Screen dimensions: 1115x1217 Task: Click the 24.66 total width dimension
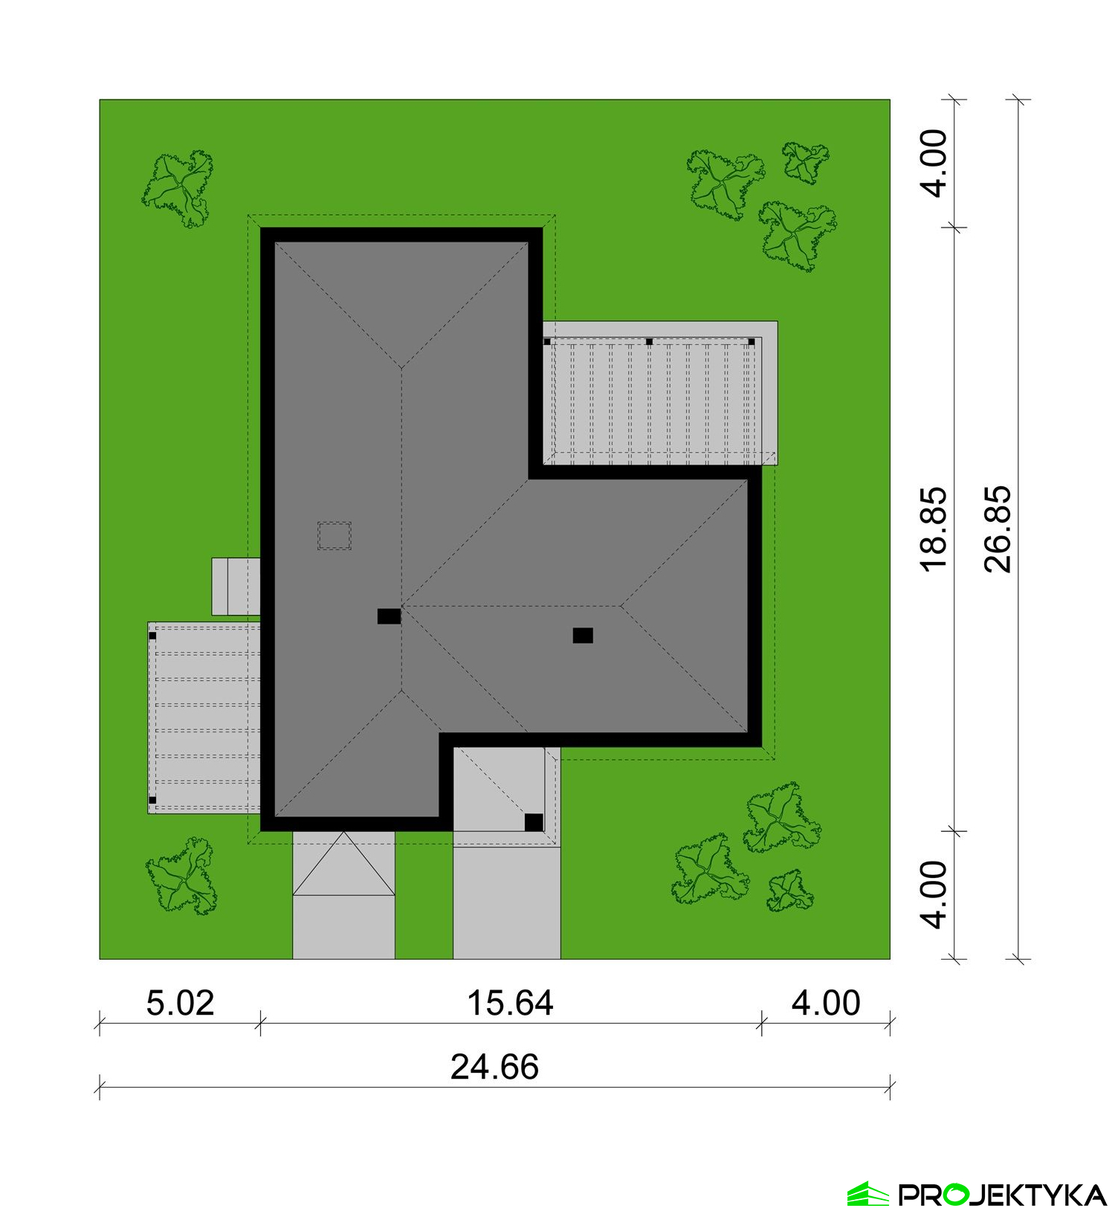coord(494,1067)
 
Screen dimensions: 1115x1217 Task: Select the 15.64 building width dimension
coord(510,1003)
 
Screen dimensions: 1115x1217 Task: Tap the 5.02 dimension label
coord(180,1003)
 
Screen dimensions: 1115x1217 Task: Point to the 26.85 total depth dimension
coord(998,529)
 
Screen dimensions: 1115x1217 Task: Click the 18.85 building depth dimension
coord(934,529)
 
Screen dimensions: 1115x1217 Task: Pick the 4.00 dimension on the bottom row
coord(826,1003)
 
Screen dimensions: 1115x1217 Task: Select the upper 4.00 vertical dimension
coord(934,163)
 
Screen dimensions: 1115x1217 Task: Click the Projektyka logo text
coord(1003,1195)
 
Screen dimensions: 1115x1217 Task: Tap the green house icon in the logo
coord(868,1194)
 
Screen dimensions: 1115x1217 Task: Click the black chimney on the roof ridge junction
coord(389,616)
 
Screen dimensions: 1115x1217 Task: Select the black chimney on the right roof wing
coord(583,635)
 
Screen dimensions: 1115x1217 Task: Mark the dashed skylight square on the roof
coord(334,535)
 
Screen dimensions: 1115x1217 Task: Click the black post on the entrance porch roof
coord(534,822)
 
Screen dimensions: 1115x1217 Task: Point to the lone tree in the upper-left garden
coord(178,188)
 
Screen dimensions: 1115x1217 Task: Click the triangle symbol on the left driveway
coord(343,864)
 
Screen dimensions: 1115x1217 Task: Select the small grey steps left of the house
coord(236,587)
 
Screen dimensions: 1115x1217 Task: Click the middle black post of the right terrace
coord(649,342)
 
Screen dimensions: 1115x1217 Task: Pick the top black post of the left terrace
coord(152,636)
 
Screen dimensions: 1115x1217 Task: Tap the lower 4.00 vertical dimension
coord(934,894)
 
